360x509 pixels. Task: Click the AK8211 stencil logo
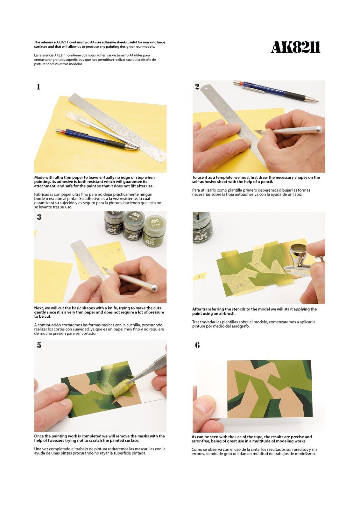295,48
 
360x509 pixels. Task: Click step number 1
38,87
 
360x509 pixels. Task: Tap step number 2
197,87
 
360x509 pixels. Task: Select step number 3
39,217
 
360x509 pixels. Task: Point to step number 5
39,345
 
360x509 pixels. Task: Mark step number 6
197,345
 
